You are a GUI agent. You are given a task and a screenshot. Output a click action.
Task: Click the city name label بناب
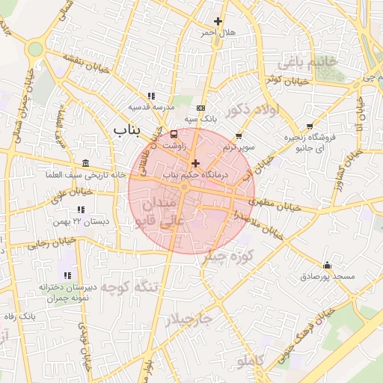pyautogui.click(x=127, y=130)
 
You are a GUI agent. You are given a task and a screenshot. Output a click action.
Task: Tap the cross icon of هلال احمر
pyautogui.click(x=218, y=21)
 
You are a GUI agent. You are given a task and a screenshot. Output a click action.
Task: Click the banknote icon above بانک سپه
pyautogui.click(x=200, y=108)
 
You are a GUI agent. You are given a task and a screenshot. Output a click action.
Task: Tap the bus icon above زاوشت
pyautogui.click(x=174, y=135)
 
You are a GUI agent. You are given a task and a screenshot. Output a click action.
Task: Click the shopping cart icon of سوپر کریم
pyautogui.click(x=239, y=136)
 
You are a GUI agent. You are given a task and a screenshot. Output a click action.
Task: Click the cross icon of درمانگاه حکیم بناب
pyautogui.click(x=196, y=163)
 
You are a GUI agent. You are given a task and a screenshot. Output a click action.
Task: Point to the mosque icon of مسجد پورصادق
pyautogui.click(x=327, y=265)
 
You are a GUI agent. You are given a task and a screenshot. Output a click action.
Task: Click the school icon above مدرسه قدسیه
pyautogui.click(x=151, y=96)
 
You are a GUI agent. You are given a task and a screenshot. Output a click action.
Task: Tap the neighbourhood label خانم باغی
pyautogui.click(x=308, y=60)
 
